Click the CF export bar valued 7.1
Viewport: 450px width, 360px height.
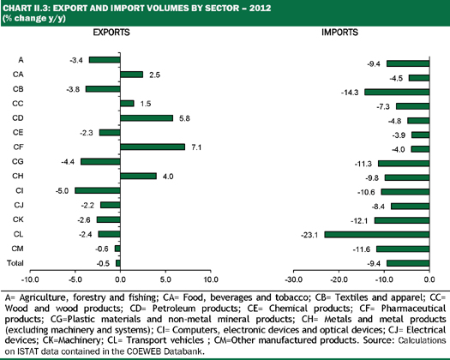(153, 147)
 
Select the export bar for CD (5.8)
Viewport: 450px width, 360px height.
(147, 118)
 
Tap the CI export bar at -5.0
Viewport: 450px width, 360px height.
(98, 190)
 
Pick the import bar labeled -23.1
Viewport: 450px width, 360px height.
(377, 235)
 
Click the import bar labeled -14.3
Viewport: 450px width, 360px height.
(397, 92)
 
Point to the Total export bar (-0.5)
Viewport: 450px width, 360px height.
(118, 263)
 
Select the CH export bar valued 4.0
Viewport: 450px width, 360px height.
(138, 176)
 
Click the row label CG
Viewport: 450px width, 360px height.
(17, 161)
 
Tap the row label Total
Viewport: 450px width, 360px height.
(15, 263)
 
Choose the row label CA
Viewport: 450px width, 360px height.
(18, 75)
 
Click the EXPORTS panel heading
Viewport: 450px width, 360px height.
(111, 33)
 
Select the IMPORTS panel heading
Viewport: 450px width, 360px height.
(339, 33)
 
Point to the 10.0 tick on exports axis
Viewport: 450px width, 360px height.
(211, 279)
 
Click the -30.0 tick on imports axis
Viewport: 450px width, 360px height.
(294, 279)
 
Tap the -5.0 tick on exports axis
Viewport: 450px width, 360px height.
(75, 279)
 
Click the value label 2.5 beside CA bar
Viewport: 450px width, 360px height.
(154, 75)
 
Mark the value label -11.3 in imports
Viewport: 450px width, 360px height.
(363, 164)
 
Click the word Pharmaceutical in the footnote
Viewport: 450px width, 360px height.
(413, 309)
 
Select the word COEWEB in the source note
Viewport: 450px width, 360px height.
(140, 351)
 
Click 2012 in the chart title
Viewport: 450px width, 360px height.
(260, 8)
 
